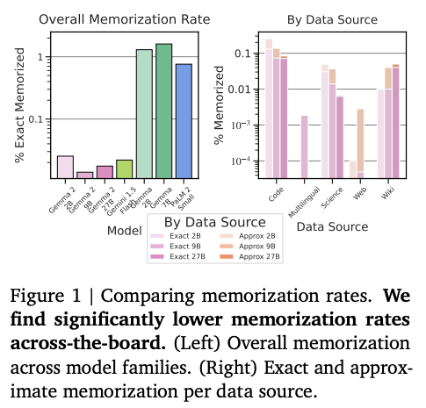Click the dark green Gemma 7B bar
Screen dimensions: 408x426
click(x=163, y=110)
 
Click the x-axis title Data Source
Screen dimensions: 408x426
click(x=331, y=226)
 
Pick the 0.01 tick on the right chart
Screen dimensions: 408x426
click(x=242, y=89)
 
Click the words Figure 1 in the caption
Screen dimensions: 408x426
click(x=49, y=290)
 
